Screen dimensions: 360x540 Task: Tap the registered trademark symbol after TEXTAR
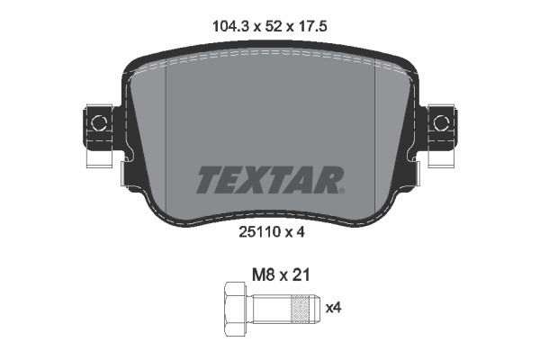pos(340,189)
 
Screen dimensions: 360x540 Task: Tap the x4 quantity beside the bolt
pos(333,309)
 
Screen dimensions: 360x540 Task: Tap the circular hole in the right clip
pos(441,121)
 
